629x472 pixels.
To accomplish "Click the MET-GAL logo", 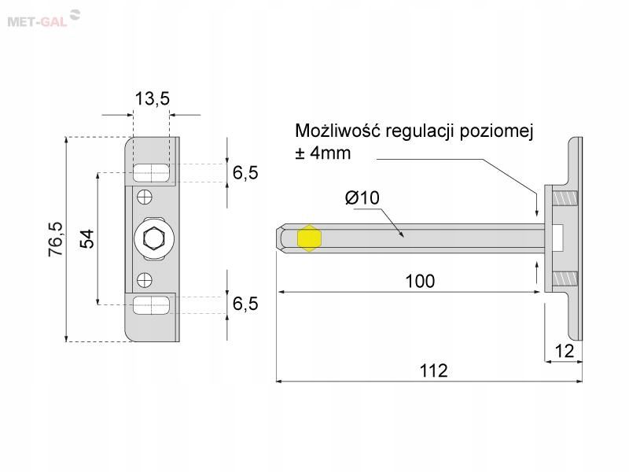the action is click(44, 18).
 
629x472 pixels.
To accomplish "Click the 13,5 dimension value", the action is click(152, 98).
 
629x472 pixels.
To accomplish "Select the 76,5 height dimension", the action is click(55, 239).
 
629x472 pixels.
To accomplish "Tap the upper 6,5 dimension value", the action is click(245, 172).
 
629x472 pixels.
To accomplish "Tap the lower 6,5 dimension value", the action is click(245, 304).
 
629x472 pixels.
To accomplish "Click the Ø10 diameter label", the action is click(362, 197).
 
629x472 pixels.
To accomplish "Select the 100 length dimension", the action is click(420, 281).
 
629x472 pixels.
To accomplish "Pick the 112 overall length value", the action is click(433, 371).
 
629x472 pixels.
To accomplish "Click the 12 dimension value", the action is click(564, 351).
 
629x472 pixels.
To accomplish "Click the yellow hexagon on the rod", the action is click(309, 238).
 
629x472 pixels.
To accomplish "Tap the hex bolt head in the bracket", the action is click(153, 239).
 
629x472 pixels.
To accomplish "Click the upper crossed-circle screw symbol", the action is click(145, 197).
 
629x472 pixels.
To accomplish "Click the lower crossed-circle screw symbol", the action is click(145, 280).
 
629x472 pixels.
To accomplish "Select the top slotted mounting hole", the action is click(151, 172).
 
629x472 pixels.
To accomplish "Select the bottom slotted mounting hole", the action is click(151, 305).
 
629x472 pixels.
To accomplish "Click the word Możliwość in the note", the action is click(337, 131).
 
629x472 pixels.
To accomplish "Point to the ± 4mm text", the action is click(323, 153).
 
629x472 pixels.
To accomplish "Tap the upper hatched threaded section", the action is click(565, 197).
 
